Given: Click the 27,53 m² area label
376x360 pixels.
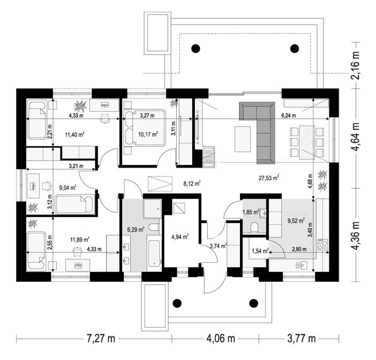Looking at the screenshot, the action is tap(268, 178).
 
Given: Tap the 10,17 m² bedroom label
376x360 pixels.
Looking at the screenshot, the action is tap(148, 134).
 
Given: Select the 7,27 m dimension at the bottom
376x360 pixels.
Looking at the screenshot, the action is tap(101, 339).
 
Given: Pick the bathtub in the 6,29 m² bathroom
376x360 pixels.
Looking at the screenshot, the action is tap(154, 253).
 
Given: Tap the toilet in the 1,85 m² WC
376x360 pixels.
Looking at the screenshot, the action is tap(254, 227).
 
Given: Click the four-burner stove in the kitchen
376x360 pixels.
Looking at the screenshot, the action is tap(322, 245).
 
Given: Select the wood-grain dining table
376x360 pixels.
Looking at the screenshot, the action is tap(307, 142).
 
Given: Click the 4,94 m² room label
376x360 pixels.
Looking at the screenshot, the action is tap(180, 237).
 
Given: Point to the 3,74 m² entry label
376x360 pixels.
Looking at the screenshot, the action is tap(218, 246).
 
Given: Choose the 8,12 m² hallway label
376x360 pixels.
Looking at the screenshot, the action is tap(192, 183).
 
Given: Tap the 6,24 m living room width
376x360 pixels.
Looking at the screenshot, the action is tap(289, 116).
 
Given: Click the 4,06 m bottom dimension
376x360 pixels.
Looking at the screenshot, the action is tap(220, 339).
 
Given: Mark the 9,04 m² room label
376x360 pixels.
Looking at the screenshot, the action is tap(67, 187).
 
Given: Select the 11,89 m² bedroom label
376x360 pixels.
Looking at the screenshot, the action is tap(80, 239).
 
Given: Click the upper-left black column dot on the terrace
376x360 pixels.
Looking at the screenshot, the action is tap(195, 49).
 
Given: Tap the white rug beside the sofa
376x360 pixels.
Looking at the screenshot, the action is tap(243, 139).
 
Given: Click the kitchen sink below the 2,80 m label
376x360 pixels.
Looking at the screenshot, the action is tap(302, 265).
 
